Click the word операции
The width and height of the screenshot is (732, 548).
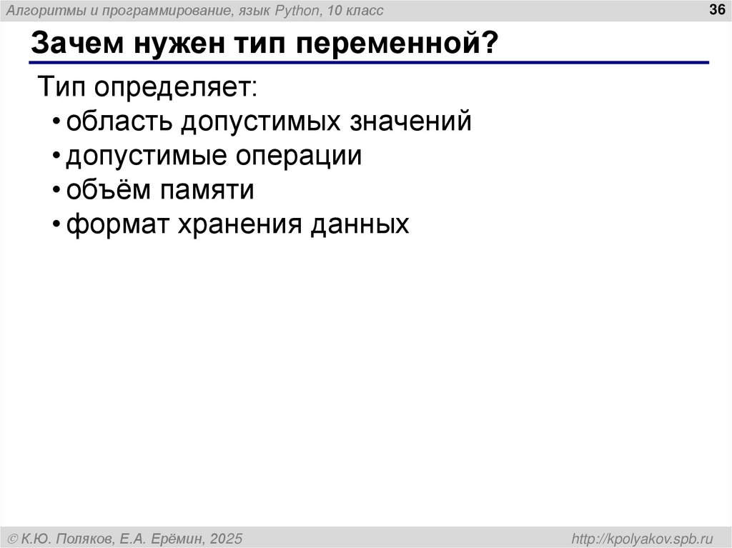[x=303, y=156]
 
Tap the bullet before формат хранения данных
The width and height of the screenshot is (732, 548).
[x=56, y=226]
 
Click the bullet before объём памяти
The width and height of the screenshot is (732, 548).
[x=56, y=191]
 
